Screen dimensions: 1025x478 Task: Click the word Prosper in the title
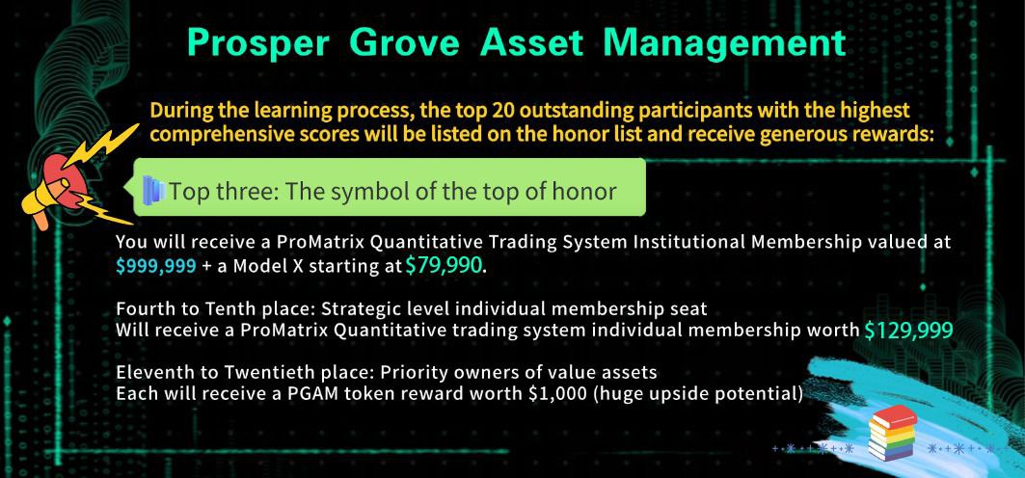pos(258,43)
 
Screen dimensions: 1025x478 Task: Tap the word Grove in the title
pos(403,43)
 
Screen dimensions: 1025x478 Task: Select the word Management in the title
pos(724,43)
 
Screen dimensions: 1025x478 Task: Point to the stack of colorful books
pos(893,433)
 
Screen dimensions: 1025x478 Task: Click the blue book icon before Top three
pos(154,190)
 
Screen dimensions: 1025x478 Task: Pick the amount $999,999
pos(155,266)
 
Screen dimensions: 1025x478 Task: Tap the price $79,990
pos(444,265)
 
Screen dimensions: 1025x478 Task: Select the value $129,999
pos(908,331)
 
